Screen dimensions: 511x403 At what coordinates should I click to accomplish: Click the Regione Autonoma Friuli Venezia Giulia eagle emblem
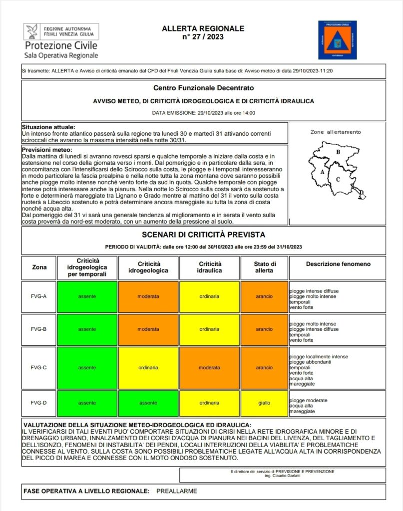pos(32,31)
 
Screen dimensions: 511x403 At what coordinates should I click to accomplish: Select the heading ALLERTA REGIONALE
pos(203,28)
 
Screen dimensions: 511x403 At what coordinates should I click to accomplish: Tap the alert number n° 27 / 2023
pos(203,36)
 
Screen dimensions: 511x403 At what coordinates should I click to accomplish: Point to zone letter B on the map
pos(338,152)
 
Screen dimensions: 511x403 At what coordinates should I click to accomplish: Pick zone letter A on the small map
pos(322,172)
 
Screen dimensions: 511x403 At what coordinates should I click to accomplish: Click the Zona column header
pos(39,267)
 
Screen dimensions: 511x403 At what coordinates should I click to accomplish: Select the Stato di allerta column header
pos(264,267)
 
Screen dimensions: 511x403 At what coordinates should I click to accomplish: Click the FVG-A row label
pos(39,296)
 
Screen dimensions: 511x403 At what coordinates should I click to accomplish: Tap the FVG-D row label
pos(39,403)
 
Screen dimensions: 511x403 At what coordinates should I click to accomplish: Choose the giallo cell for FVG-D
pos(264,403)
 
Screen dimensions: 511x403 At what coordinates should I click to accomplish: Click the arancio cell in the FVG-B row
pos(264,329)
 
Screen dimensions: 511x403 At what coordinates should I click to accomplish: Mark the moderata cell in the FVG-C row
pos(209,368)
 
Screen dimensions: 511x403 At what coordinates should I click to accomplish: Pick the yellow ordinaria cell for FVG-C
pos(148,368)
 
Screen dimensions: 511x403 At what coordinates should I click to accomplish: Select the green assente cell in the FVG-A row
pos(87,296)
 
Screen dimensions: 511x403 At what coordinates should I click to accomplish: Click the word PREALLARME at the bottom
pos(177,491)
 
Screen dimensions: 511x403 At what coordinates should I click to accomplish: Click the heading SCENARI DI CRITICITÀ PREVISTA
pos(203,235)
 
